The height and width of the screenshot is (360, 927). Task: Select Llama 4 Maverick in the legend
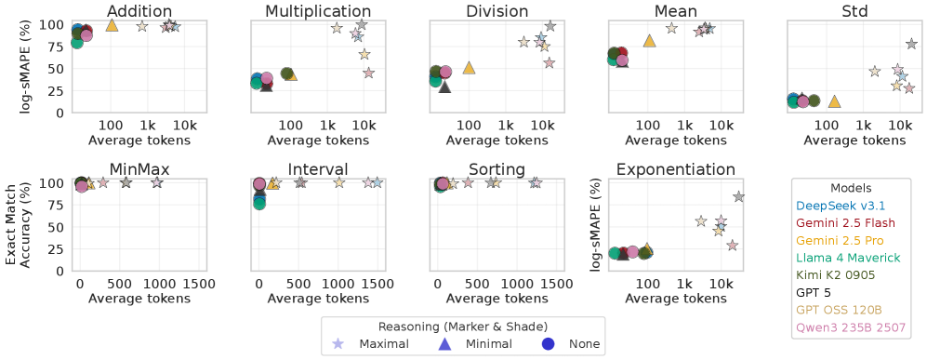849,258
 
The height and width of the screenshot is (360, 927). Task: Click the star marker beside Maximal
338,344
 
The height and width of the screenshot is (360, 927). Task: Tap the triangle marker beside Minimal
444,344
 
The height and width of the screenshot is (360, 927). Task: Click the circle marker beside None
548,344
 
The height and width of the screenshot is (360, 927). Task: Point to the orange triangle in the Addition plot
112,25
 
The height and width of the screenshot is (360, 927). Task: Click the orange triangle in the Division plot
470,68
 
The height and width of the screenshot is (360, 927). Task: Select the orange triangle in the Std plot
834,101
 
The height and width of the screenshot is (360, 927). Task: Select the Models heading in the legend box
852,186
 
